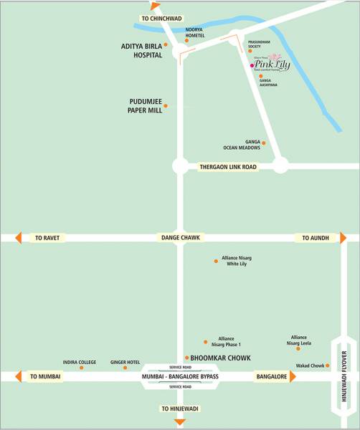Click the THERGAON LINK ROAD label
pos(227,166)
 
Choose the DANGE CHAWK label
pos(180,237)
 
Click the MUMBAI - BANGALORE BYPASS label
pos(180,376)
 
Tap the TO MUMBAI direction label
pos(45,376)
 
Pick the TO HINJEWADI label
pos(180,408)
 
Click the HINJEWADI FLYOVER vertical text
pos(344,376)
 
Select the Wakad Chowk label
pos(311,365)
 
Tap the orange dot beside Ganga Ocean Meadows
pos(263,143)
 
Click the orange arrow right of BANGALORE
pos(293,376)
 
